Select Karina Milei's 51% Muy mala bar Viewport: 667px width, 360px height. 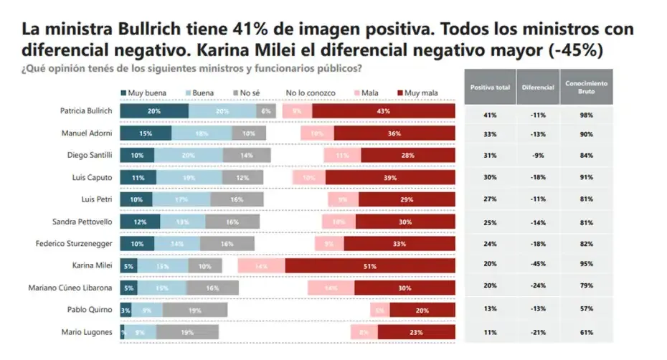pos(370,266)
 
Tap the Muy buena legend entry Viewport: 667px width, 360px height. pos(146,93)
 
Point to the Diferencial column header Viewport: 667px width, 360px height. pos(537,87)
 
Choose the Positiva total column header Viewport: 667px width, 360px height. pos(490,87)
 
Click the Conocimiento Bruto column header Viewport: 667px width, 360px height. pos(586,87)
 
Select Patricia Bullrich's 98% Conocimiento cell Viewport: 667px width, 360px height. pos(586,115)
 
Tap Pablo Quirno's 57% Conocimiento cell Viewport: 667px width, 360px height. pos(586,310)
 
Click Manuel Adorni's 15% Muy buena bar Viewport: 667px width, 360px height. pos(146,133)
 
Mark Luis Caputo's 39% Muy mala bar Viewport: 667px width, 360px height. pos(390,178)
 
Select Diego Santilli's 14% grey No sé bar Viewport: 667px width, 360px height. pos(247,156)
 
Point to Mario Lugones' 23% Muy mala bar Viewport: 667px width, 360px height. pos(417,332)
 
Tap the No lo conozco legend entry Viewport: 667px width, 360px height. pos(310,93)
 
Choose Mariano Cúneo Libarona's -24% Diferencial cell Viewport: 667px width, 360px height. pos(537,288)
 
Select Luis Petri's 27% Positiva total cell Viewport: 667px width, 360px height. pos(490,200)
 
